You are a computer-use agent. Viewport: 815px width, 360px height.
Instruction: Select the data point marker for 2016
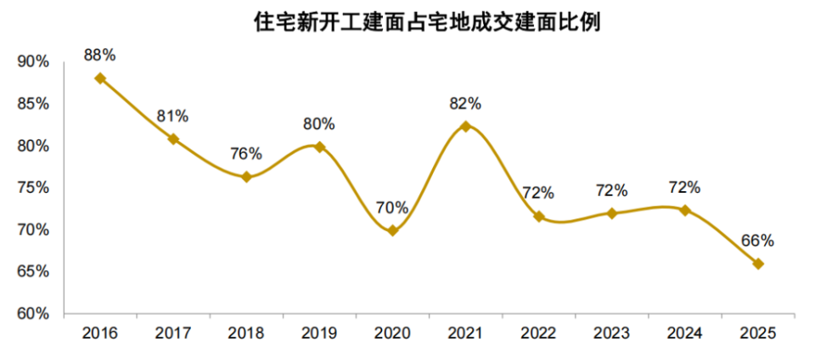click(x=100, y=78)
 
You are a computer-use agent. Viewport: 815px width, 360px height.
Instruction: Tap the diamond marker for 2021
click(x=465, y=127)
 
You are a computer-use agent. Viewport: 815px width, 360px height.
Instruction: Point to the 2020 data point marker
click(x=392, y=230)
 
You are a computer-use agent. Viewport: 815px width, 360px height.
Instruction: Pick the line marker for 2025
click(x=758, y=264)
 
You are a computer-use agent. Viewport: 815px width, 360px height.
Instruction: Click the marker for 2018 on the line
click(x=246, y=177)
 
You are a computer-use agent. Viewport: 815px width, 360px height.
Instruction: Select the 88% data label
click(x=100, y=55)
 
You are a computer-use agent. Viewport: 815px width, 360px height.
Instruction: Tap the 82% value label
click(x=465, y=104)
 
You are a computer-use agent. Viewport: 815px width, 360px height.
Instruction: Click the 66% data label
click(x=758, y=240)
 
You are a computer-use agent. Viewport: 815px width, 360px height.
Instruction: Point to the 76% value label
click(x=246, y=154)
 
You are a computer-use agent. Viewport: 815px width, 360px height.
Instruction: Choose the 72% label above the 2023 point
click(x=611, y=190)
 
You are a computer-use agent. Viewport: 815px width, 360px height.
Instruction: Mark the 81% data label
click(x=173, y=115)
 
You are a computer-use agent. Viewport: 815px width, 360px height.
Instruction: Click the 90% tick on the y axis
click(x=33, y=62)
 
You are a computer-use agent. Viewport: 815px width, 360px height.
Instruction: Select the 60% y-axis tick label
click(x=33, y=314)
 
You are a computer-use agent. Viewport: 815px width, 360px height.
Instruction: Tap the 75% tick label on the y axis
click(x=33, y=188)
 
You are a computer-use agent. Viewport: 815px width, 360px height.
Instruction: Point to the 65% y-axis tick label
click(x=33, y=273)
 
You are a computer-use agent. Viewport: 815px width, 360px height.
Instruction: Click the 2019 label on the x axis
click(x=319, y=334)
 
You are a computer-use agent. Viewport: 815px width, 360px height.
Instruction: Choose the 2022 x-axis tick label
click(x=538, y=334)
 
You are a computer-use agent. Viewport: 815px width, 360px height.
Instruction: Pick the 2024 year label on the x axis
click(x=685, y=334)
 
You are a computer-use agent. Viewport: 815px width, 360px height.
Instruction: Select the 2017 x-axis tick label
click(x=173, y=334)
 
